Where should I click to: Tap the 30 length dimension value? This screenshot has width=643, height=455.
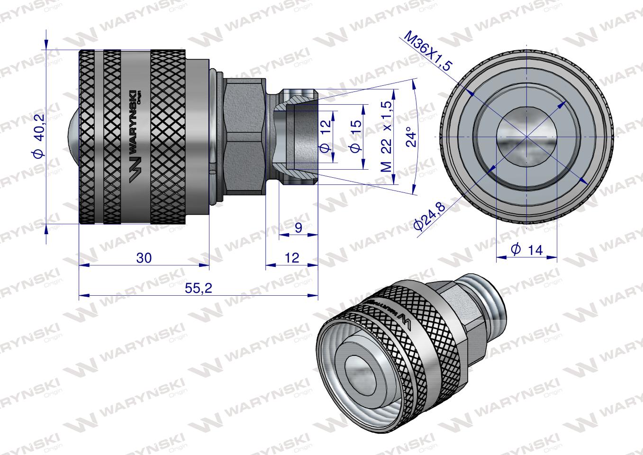[144, 258]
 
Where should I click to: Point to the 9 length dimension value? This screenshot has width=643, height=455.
[299, 228]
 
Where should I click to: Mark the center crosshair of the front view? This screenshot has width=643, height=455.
[526, 136]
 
